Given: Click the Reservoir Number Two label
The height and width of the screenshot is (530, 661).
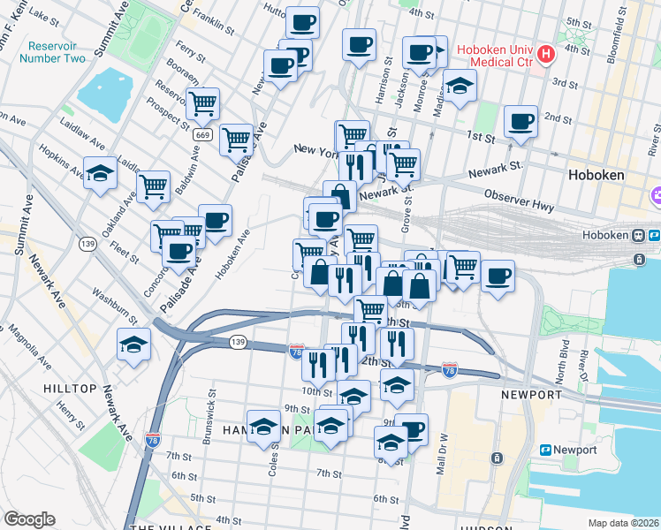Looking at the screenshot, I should (56, 52).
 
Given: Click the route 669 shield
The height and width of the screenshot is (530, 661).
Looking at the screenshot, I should (203, 134).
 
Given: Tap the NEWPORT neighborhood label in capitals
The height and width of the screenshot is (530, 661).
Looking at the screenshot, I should (531, 394).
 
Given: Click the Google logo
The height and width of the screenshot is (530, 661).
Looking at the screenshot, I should (29, 519).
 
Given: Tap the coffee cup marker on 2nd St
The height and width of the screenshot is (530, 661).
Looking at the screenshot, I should (520, 121).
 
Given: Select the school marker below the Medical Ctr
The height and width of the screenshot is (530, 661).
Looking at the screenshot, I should (460, 86).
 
